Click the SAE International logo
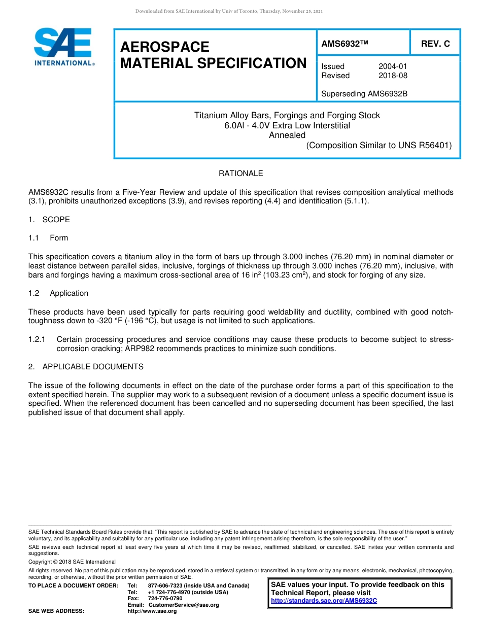coord(63,47)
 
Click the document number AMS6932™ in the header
coord(344,44)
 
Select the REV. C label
coord(435,44)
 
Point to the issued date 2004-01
coord(393,66)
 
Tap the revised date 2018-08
coord(393,76)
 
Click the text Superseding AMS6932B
coord(364,94)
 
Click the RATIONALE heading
coord(240,174)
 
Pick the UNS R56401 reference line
coord(378,146)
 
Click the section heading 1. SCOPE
coord(49,220)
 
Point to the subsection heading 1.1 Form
coord(48,238)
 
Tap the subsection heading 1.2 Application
coord(58,293)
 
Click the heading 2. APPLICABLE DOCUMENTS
coord(86,367)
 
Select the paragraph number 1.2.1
coord(37,339)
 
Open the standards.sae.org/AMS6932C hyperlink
coord(324,601)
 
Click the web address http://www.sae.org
coord(152,611)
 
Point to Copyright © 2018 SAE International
coord(72,562)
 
